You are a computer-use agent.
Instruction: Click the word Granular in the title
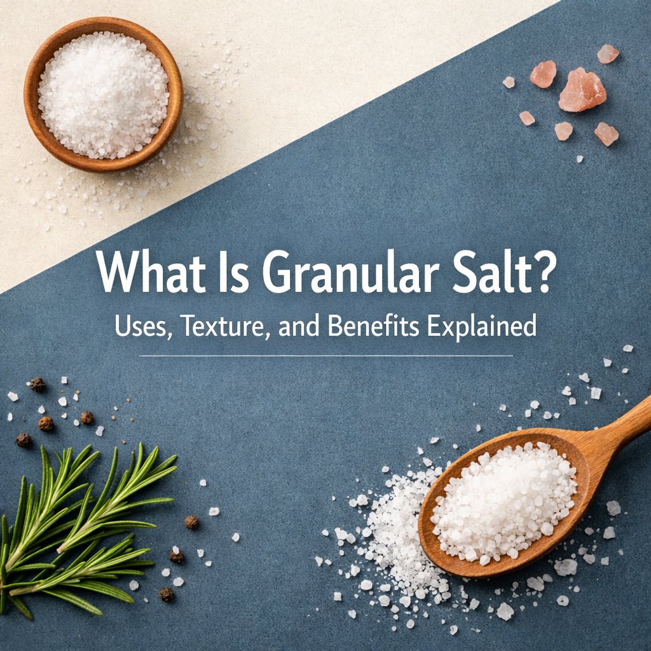click(x=350, y=273)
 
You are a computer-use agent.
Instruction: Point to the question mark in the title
click(x=541, y=273)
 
